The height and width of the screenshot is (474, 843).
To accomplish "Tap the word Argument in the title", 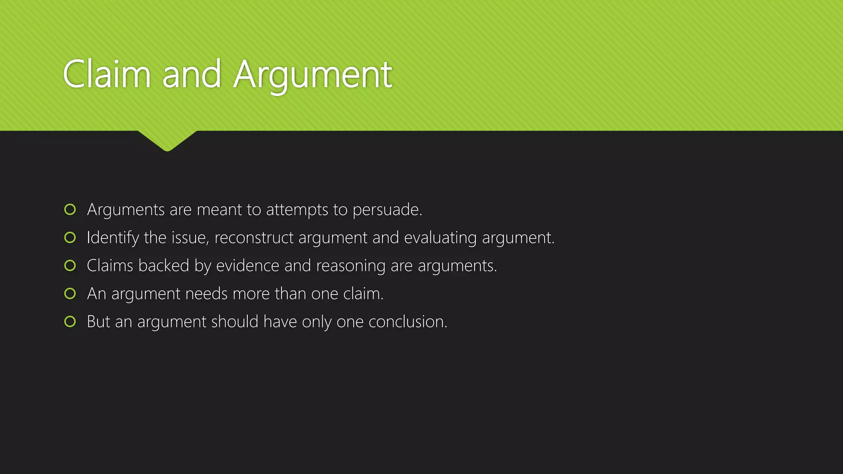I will (x=313, y=75).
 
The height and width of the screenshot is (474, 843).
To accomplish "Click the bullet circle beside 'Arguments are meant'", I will (x=70, y=209).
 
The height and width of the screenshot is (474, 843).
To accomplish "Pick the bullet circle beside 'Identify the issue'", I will (x=70, y=237).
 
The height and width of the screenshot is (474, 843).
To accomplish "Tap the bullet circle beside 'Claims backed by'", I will (x=70, y=265).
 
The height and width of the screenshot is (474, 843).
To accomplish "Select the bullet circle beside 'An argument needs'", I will (x=70, y=293).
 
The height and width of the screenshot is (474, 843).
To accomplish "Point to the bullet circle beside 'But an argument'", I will (x=70, y=321).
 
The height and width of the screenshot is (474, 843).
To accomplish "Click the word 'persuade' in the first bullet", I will (x=386, y=210).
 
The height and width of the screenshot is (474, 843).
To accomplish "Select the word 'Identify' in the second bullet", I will (x=113, y=238).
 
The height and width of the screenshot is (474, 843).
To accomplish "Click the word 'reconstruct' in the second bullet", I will (x=254, y=238).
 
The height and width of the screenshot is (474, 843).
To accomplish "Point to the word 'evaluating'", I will (x=440, y=238).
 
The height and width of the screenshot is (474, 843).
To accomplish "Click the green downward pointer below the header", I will (x=168, y=141).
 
